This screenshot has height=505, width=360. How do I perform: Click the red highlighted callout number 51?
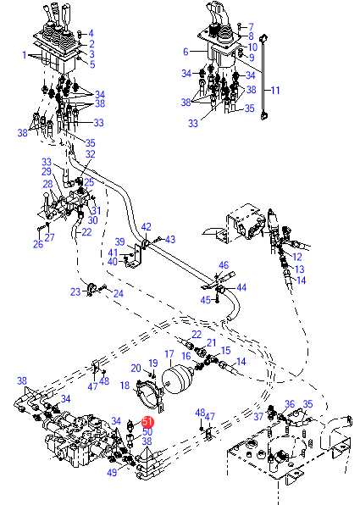tap(147, 422)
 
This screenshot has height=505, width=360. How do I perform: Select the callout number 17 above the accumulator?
tap(169, 354)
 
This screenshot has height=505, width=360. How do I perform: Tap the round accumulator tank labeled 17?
tap(177, 379)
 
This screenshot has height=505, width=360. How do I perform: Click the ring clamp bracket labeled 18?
tap(148, 397)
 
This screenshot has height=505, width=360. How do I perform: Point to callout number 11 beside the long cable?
tap(275, 90)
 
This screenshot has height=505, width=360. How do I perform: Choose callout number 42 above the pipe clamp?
tap(147, 227)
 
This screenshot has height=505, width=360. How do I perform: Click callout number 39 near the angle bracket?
tap(119, 241)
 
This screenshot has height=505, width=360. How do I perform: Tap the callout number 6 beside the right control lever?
tap(186, 52)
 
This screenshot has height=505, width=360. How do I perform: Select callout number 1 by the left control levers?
tap(25, 55)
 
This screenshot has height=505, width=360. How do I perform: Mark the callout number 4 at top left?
tap(91, 33)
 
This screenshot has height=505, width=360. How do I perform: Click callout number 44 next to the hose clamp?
tap(241, 287)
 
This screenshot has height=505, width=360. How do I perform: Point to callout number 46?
tap(224, 265)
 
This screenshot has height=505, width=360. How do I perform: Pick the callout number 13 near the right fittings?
tap(299, 269)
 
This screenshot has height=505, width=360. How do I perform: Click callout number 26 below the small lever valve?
tap(38, 244)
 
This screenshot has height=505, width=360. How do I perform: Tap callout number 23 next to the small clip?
tap(75, 291)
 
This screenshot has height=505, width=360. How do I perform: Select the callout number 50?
tap(147, 431)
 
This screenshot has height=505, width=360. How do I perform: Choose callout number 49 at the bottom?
tap(112, 473)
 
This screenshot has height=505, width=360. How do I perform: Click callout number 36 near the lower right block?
tap(290, 404)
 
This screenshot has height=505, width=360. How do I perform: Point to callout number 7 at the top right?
tap(251, 27)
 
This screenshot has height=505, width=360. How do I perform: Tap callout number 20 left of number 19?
tap(136, 368)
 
